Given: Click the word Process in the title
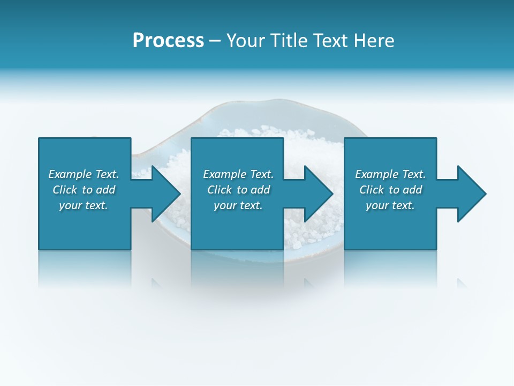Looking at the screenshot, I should click(x=168, y=41).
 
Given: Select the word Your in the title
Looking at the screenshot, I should click(x=245, y=41).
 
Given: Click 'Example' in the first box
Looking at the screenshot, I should click(x=70, y=174).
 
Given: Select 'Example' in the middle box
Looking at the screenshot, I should click(x=225, y=174).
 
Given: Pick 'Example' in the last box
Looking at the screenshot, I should click(x=377, y=174).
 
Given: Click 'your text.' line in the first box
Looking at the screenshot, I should click(x=84, y=205).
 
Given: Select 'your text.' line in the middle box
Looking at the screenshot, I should click(x=238, y=205).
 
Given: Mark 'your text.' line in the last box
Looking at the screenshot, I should click(x=390, y=205).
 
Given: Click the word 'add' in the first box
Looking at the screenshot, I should click(x=105, y=190).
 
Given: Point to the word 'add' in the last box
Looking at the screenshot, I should click(x=412, y=190).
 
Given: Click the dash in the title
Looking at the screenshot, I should click(x=215, y=41).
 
